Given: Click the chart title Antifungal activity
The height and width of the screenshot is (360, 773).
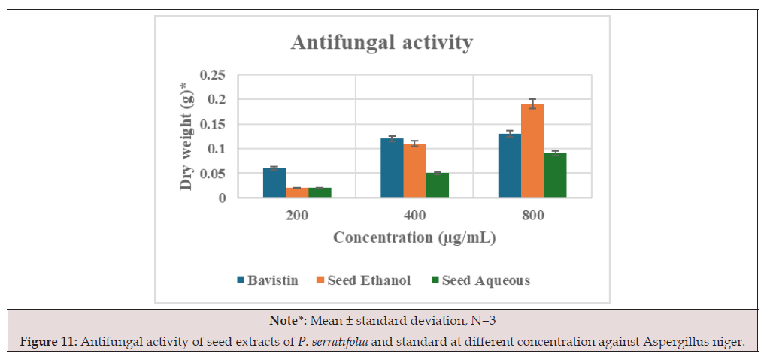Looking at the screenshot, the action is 381,42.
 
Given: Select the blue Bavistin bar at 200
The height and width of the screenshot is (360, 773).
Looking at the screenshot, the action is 274,183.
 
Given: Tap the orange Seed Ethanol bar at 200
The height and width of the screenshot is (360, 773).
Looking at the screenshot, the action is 297,192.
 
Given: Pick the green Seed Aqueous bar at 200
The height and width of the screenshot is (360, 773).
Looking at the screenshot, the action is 320,192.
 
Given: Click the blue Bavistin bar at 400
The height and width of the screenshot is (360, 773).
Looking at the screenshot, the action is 392,168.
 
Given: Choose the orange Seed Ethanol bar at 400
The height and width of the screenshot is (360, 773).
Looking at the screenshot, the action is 414,171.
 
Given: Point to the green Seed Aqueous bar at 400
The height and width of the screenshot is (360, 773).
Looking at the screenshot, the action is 438,185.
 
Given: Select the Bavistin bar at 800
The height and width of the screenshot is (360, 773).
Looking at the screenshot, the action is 510,165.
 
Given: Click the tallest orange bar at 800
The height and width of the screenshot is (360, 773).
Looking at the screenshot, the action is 532,151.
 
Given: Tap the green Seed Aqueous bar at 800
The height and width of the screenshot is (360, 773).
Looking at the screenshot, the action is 555,175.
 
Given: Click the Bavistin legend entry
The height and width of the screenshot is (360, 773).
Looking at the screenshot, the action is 268,280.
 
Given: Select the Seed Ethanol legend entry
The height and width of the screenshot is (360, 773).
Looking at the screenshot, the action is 363,280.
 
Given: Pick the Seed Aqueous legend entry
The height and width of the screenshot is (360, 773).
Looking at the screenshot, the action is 480,280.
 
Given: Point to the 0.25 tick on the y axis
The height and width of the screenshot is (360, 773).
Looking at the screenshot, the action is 213,75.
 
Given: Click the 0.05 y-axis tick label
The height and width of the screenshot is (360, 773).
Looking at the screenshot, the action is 213,174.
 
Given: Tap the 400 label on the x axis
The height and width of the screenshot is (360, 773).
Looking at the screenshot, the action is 414,216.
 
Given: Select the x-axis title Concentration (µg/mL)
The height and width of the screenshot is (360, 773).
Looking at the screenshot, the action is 414,237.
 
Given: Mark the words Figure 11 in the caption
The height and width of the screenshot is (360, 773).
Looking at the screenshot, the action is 48,342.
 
